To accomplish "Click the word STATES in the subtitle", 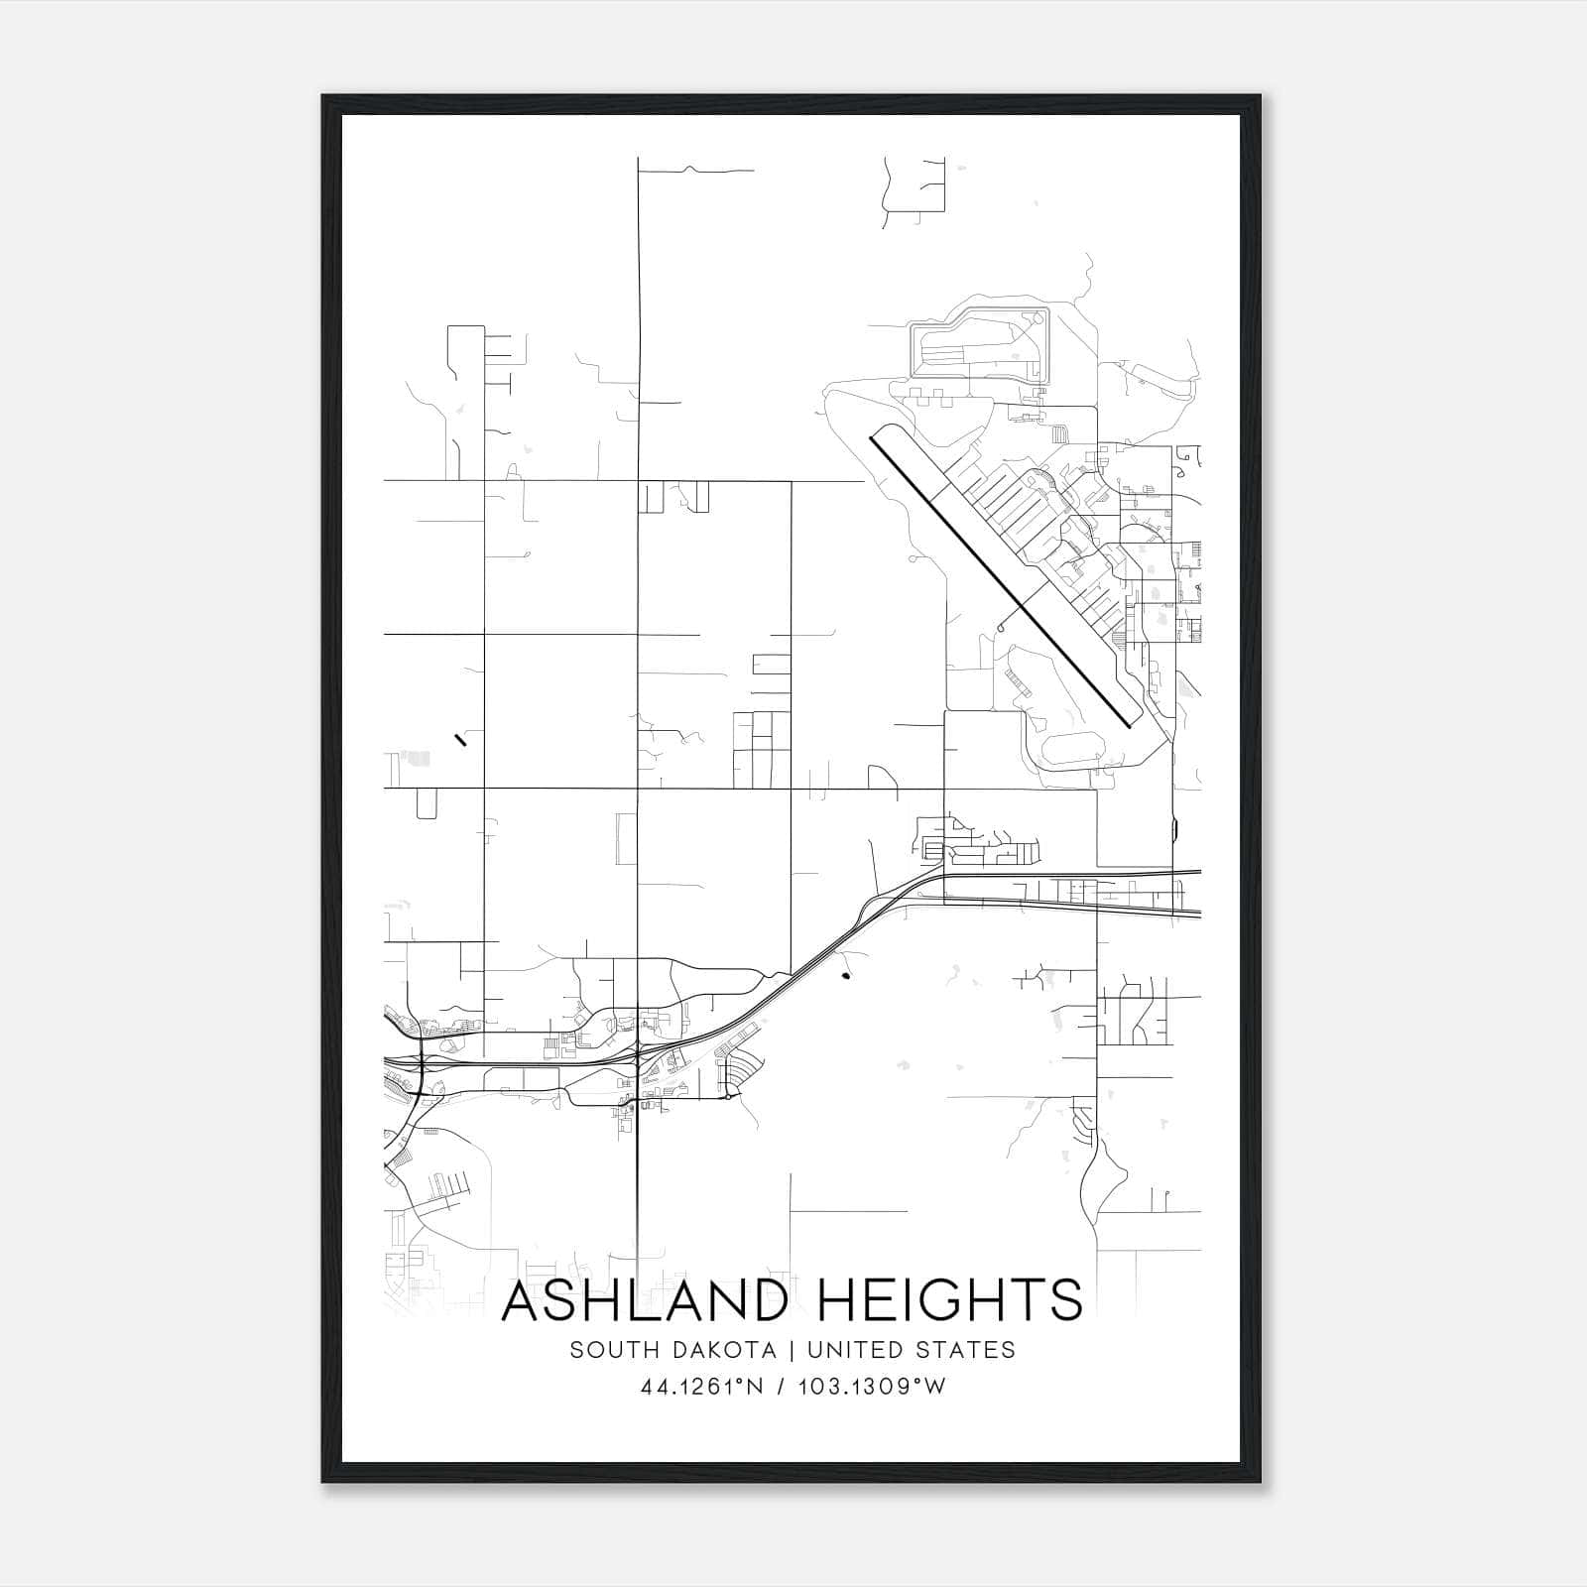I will (969, 1350).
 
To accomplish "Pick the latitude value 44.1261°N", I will (702, 1387).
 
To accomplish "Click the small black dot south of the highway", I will (845, 977).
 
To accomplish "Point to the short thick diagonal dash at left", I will (459, 738).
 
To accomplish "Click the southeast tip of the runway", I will (1130, 725).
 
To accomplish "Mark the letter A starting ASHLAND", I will (523, 1300).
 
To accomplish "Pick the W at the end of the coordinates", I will (935, 1387).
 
